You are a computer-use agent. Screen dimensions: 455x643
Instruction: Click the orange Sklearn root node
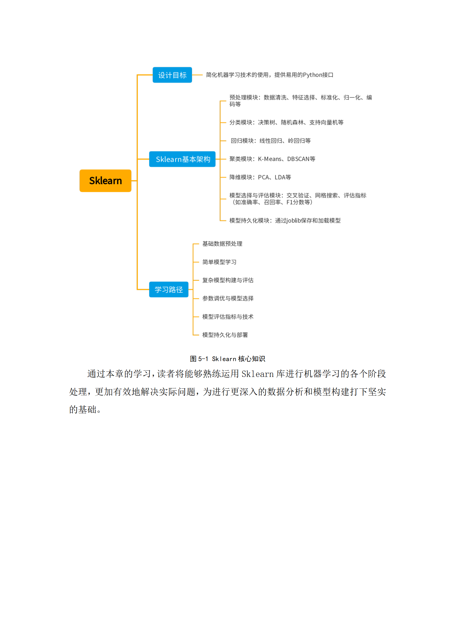[x=105, y=181]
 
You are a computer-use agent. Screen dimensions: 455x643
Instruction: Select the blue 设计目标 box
[x=172, y=75]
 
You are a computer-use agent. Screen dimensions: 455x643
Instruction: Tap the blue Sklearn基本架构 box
[x=182, y=159]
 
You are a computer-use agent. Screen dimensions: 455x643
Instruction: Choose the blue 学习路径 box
[x=169, y=290]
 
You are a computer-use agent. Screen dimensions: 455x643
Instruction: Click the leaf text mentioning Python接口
[x=270, y=75]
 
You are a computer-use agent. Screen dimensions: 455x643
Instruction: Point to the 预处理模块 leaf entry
[x=300, y=101]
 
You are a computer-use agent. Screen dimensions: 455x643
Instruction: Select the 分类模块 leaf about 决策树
[x=286, y=123]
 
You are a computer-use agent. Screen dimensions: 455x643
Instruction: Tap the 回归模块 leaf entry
[x=271, y=141]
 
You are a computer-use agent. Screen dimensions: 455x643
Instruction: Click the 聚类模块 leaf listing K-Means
[x=272, y=159]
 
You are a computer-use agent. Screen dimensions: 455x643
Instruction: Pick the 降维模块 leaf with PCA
[x=260, y=177]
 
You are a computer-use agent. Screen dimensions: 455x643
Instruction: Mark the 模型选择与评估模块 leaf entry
[x=298, y=199]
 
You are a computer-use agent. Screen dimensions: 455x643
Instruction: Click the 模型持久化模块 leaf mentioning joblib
[x=285, y=221]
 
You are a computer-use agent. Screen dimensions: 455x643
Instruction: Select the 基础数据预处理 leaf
[x=222, y=244]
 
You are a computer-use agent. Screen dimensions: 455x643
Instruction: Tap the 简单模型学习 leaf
[x=219, y=262]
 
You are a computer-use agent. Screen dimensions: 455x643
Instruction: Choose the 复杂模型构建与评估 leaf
[x=228, y=280]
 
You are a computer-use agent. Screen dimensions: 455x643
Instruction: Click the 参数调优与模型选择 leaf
[x=228, y=298]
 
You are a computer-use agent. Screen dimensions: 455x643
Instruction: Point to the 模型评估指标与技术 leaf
[x=228, y=317]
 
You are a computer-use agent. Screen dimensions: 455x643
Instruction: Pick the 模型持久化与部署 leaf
[x=225, y=335]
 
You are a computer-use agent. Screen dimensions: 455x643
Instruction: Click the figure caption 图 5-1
[x=227, y=359]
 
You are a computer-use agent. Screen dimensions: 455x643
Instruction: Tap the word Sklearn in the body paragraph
[x=257, y=374]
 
